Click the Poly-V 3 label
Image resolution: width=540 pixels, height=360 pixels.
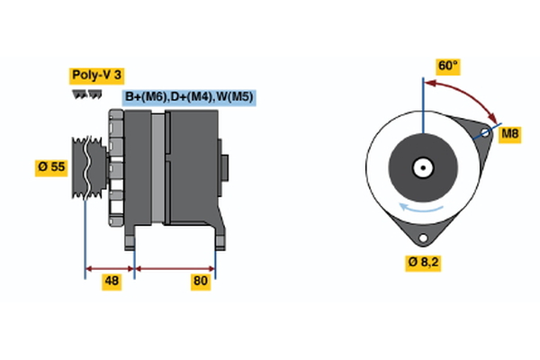coord(95,76)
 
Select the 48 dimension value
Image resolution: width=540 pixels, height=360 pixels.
coord(112,282)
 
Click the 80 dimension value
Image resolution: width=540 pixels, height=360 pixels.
coord(200,282)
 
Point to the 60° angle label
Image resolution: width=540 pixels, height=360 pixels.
coord(447,66)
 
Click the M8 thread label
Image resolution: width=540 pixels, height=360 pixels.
coord(510,135)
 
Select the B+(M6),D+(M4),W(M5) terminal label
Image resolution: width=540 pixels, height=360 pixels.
coord(189,97)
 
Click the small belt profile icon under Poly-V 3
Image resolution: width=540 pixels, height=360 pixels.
coord(84,94)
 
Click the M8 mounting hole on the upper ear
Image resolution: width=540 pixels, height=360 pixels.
coord(486,134)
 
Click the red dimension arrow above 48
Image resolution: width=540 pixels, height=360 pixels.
coord(109,267)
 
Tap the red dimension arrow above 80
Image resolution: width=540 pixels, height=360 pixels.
coord(175,267)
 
